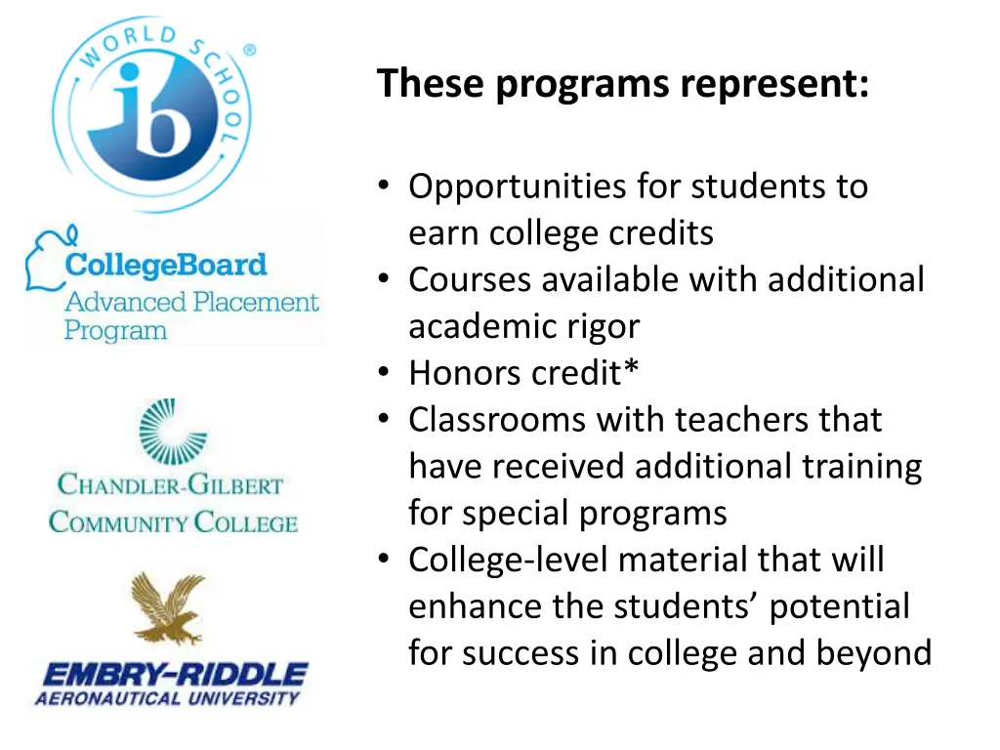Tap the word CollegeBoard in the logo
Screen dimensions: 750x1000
click(x=165, y=265)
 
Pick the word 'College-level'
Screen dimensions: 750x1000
click(x=508, y=561)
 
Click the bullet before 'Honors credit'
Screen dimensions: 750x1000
click(x=384, y=373)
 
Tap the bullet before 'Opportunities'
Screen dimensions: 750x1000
click(x=384, y=187)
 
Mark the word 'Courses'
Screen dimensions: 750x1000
click(x=471, y=280)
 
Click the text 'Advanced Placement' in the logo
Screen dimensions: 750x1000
click(x=191, y=302)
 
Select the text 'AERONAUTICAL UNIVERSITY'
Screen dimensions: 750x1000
click(x=167, y=697)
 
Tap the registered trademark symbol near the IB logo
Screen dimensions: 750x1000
click(x=249, y=50)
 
